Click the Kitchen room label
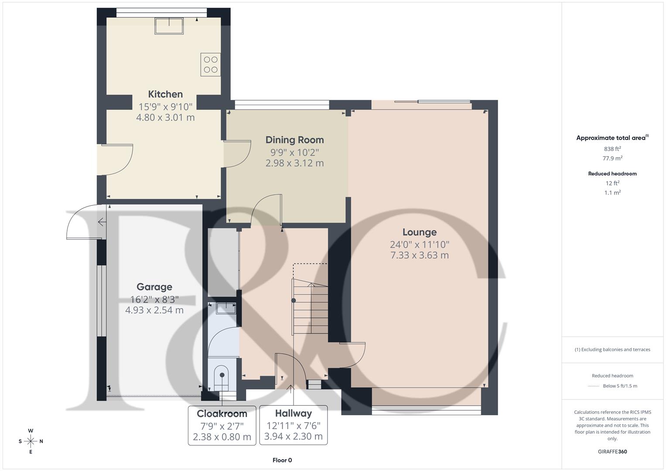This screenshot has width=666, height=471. tap(165, 94)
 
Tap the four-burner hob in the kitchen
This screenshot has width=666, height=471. tap(210, 65)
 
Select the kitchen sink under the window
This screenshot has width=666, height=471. tap(169, 26)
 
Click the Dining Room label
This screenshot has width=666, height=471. tap(294, 140)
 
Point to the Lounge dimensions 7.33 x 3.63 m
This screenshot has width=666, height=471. tap(419, 256)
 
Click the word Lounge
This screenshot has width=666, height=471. tap(419, 232)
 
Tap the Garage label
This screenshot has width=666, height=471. tap(154, 287)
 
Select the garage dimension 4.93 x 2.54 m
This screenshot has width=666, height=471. tap(154, 310)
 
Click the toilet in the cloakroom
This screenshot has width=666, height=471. tap(222, 378)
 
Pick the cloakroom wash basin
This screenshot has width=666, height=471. tap(225, 308)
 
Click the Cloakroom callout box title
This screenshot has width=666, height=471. tap(222, 413)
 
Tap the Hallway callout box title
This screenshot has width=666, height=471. tap(293, 413)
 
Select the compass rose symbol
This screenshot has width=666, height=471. tap(31, 441)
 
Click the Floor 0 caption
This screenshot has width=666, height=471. tap(282, 460)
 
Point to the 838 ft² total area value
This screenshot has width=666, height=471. tap(612, 149)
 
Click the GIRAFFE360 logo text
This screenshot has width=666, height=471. tap(612, 451)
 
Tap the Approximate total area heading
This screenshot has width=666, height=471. tap(612, 138)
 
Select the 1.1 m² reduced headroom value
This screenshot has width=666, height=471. tap(612, 193)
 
